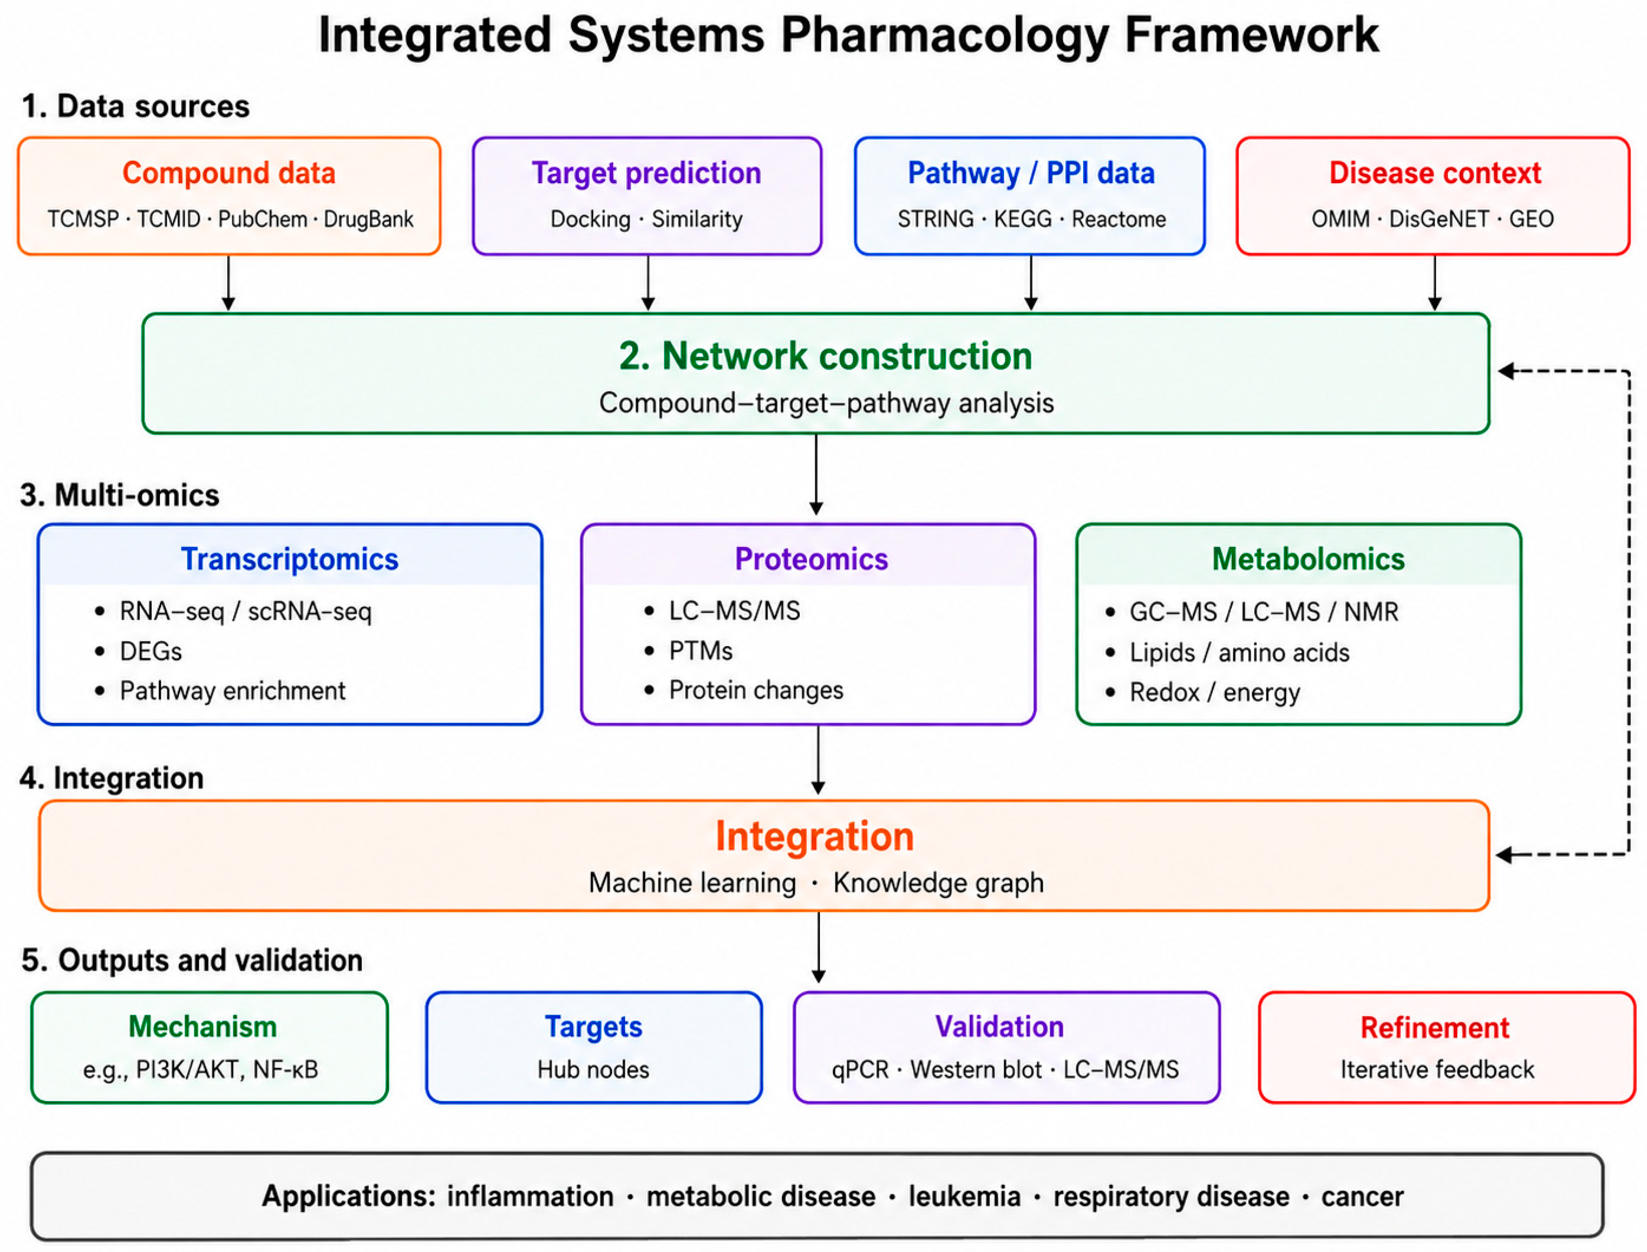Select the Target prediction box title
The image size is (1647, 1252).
pos(646,173)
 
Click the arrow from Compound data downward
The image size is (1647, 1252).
pos(229,283)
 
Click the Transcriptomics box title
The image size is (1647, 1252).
pos(290,559)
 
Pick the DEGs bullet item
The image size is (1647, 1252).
pos(151,651)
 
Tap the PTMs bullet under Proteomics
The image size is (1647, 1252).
pos(701,651)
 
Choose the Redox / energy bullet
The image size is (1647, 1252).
pos(1215,692)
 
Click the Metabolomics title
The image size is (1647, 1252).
pos(1308,559)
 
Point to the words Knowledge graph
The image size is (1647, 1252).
pos(938,883)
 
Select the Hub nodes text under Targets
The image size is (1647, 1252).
pos(593,1070)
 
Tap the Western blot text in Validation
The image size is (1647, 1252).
pos(975,1070)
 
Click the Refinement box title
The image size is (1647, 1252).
pos(1435,1028)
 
